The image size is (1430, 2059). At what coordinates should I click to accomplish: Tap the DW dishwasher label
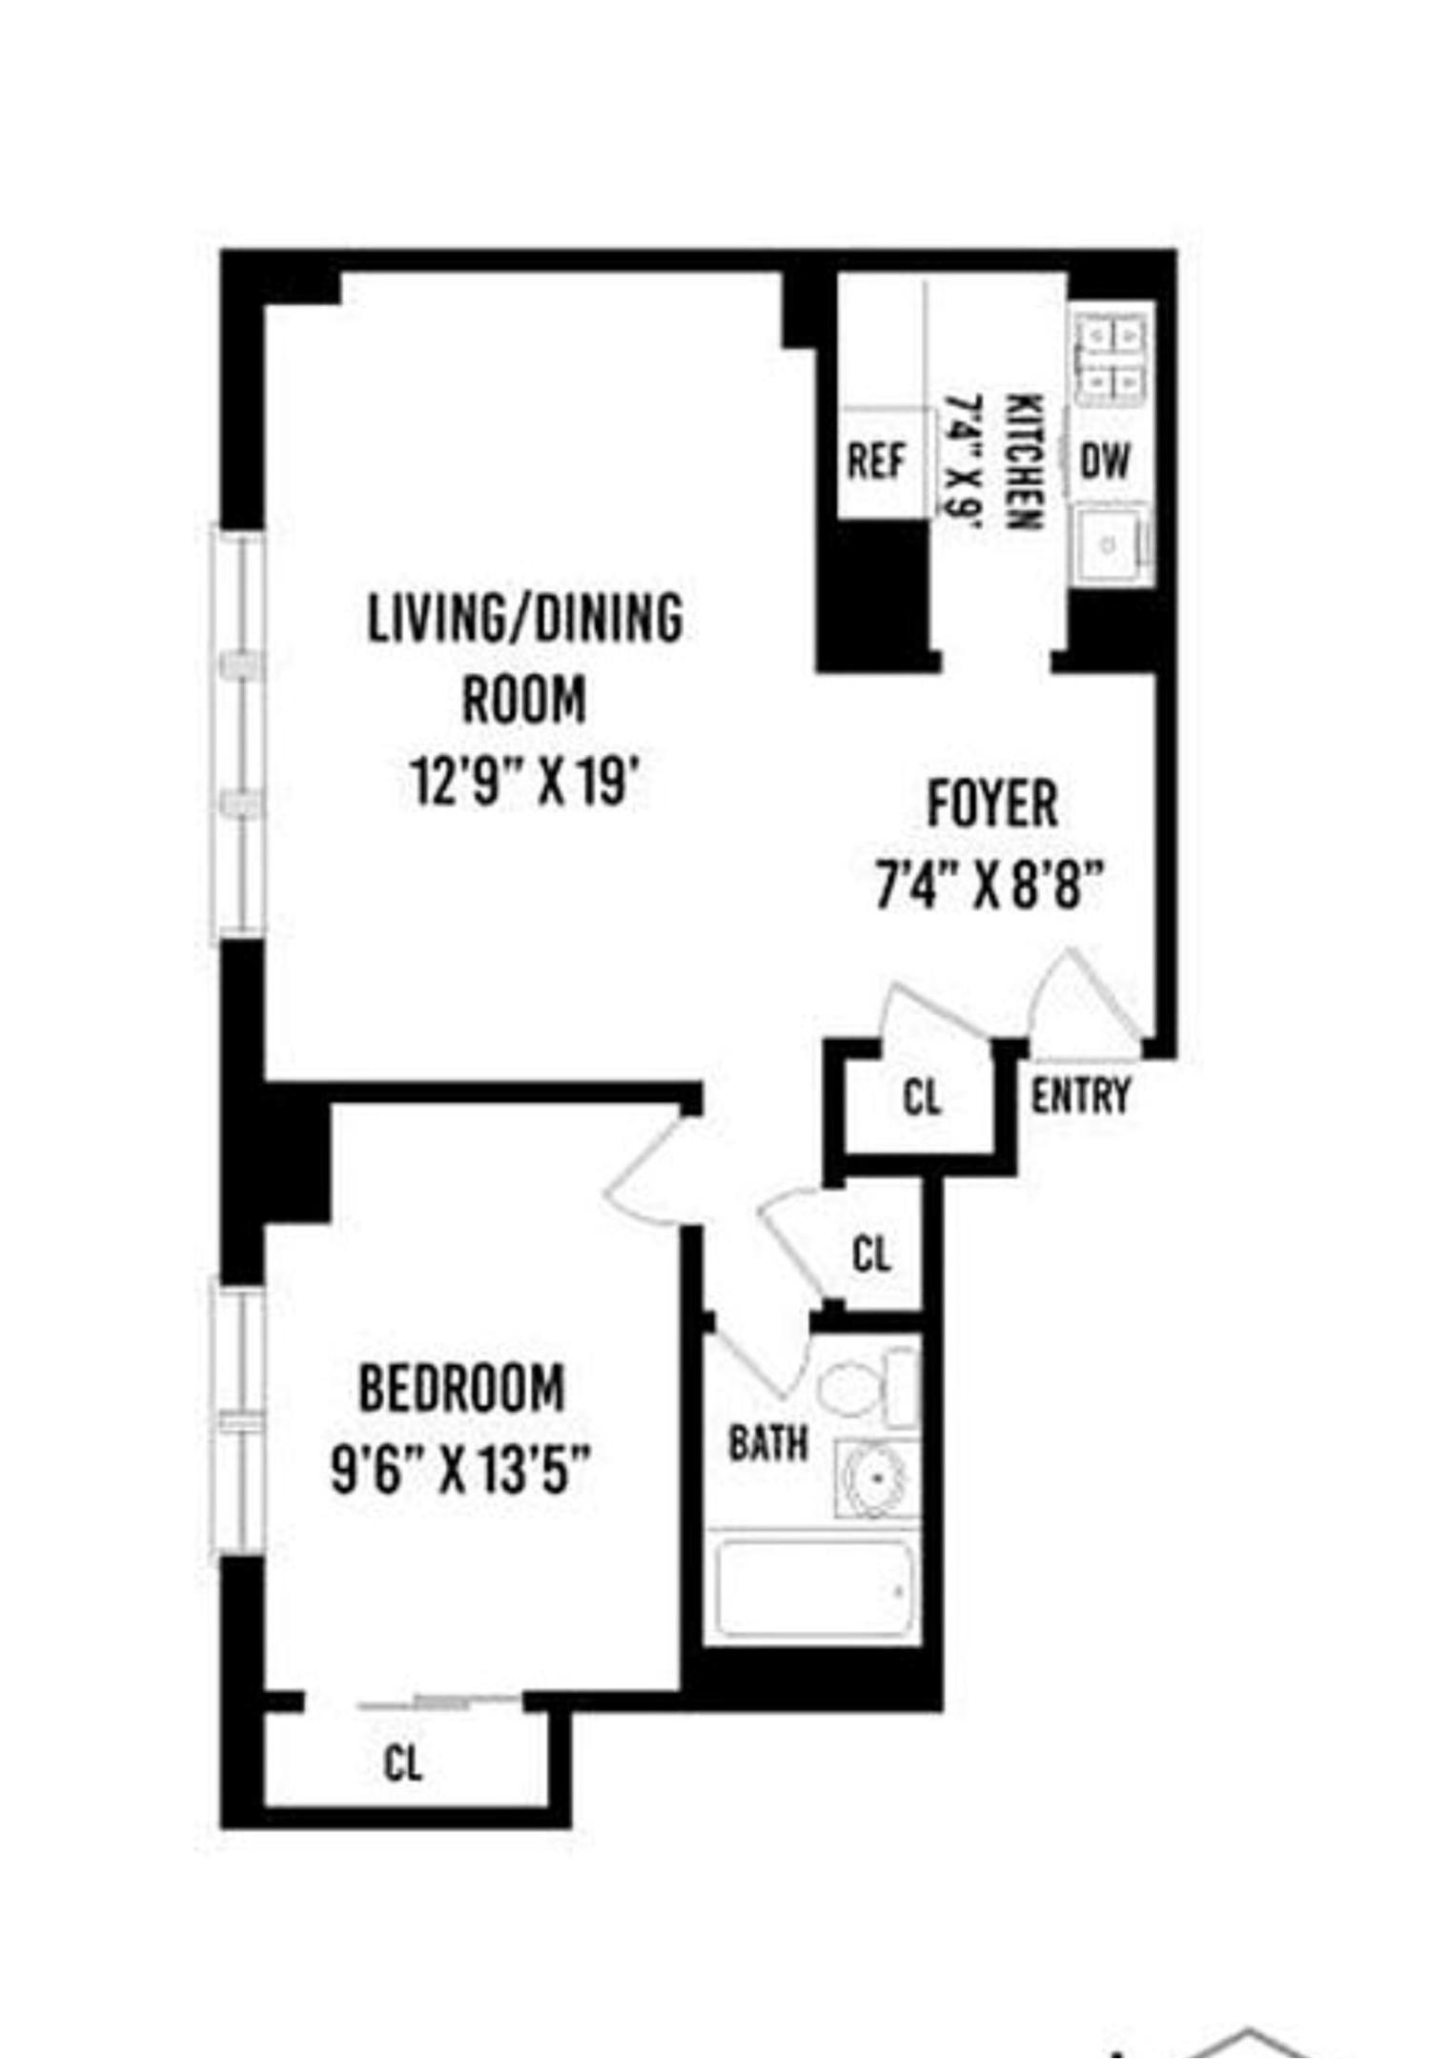coord(1105,461)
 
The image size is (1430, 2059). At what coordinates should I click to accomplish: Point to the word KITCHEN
coord(1025,461)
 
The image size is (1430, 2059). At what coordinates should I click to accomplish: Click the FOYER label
coord(991,805)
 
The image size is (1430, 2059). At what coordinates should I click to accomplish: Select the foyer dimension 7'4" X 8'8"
coord(990,886)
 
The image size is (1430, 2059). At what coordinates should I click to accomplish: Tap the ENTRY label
coord(1080,1095)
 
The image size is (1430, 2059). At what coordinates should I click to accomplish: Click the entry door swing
coord(1082,1001)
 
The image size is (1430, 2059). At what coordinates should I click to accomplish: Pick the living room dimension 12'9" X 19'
coord(523,781)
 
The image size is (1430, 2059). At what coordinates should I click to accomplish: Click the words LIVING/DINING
coord(525,618)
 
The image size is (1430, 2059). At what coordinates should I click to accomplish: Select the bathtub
coord(812,1590)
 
